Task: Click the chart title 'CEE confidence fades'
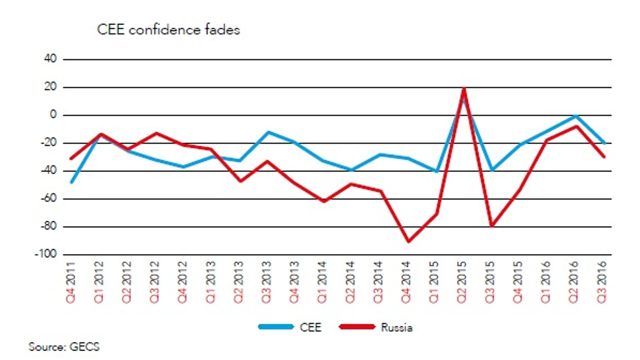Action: coord(168,30)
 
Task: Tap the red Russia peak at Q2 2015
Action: coord(463,89)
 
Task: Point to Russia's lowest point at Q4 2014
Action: coord(408,241)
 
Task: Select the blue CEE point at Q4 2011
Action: coord(71,182)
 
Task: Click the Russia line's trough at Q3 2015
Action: coord(492,226)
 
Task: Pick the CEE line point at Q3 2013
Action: coord(269,132)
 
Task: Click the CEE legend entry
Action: coord(290,327)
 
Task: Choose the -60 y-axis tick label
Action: coord(48,199)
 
